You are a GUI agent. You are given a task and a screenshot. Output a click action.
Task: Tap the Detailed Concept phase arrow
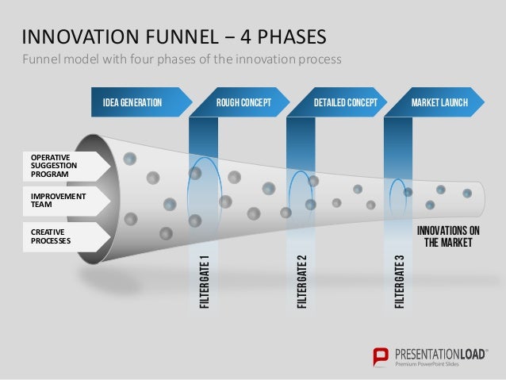[x=341, y=103]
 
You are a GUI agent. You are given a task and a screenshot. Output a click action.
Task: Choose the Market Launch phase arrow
[x=438, y=103]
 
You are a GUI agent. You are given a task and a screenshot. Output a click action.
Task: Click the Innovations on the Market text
[x=448, y=236]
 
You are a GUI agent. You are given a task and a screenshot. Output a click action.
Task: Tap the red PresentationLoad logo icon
[x=381, y=355]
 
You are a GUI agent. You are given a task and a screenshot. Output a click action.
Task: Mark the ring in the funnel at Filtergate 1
[x=204, y=187]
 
